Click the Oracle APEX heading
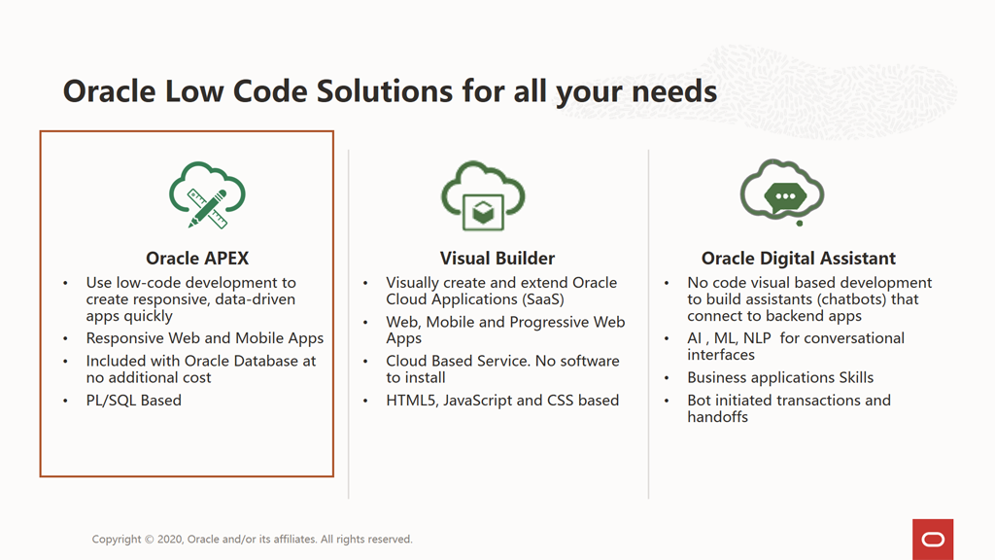coord(197,259)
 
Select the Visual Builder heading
coord(497,259)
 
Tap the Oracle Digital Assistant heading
coord(799,259)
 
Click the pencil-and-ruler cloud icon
coord(207,194)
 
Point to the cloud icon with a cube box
coord(483,195)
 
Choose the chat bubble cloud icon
coord(782,192)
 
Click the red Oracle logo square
coord(933,539)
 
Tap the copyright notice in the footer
coord(252,539)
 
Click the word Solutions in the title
coord(385,90)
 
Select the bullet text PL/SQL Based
coord(134,401)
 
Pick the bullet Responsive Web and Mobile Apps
coord(205,338)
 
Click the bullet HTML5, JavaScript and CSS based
coord(502,401)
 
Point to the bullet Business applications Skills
coord(780,378)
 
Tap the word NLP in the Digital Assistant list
coord(756,338)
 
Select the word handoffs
coord(718,417)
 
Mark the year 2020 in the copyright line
coord(170,539)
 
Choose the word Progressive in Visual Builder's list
coord(550,323)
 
